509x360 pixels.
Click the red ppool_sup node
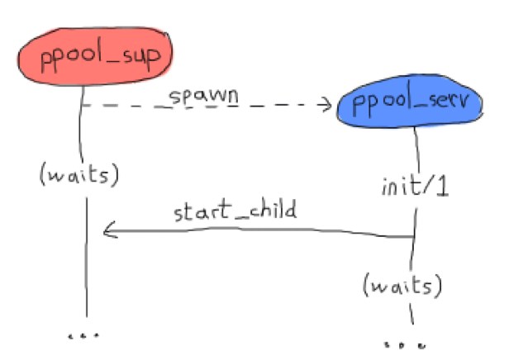pos(95,56)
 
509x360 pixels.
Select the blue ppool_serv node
pos(410,102)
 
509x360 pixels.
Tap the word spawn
pos(203,97)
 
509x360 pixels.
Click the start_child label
pos(235,211)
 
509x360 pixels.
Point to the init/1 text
pos(415,186)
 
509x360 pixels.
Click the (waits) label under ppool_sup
pos(79,174)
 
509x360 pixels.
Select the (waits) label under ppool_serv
pos(402,285)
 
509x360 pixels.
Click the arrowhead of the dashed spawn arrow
pos(326,104)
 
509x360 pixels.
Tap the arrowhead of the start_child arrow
pos(110,230)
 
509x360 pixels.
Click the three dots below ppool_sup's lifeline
pos(83,336)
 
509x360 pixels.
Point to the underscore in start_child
pos(240,218)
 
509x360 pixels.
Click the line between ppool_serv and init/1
pos(416,149)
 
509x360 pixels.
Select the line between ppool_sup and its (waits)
pos(80,124)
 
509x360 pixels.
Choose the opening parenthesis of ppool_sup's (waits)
pos(42,174)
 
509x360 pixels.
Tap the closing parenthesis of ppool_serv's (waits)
pos(438,285)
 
